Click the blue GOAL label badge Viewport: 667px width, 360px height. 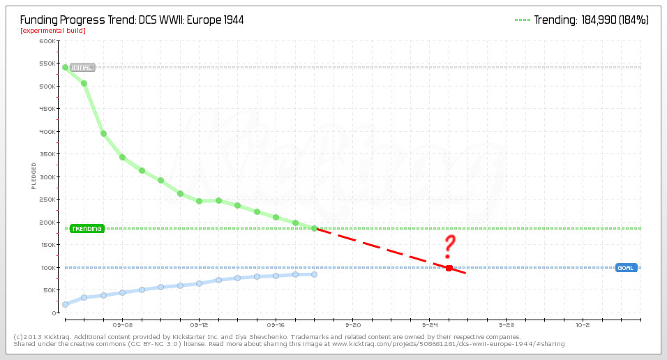tap(626, 268)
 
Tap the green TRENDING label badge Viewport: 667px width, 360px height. tap(87, 229)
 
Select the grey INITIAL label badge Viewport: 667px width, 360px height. tap(82, 68)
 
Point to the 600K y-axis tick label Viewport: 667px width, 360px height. tap(47, 41)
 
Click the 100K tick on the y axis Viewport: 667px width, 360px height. tap(47, 268)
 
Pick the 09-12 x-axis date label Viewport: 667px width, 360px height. tap(199, 325)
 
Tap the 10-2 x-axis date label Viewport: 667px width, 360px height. tap(583, 325)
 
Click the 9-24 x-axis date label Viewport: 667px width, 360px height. tap(429, 325)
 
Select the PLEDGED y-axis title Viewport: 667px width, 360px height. tap(33, 176)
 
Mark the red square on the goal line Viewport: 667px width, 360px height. tap(449, 268)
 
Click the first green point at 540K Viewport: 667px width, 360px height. tap(65, 68)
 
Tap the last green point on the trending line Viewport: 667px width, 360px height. tap(314, 229)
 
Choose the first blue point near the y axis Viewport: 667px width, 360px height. tap(65, 304)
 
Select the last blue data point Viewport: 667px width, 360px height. tap(314, 274)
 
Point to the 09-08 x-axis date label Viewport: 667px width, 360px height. tap(122, 325)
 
